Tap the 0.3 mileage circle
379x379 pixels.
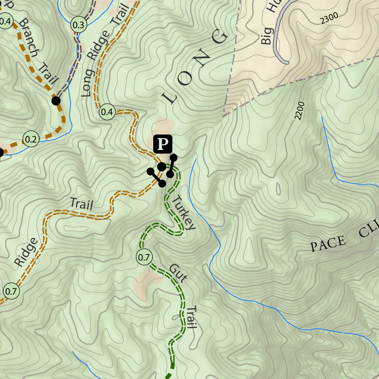(78, 25)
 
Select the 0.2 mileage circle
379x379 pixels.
(31, 139)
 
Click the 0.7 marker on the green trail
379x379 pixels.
(144, 256)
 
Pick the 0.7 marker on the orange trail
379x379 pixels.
(11, 291)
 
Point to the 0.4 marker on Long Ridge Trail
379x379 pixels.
(107, 112)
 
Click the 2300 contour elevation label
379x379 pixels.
(329, 19)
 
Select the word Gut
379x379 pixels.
(177, 274)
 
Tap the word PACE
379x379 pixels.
(328, 244)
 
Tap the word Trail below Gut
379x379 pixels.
(191, 317)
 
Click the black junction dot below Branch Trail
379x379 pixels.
(56, 100)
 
